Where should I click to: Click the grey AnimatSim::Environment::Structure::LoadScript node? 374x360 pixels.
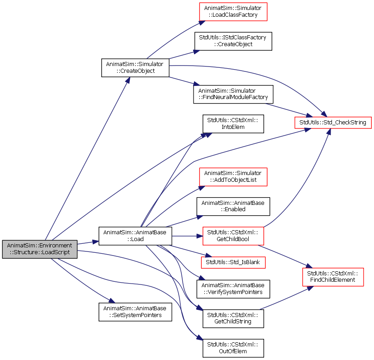click(x=40, y=249)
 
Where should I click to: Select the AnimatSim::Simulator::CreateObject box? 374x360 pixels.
click(x=135, y=68)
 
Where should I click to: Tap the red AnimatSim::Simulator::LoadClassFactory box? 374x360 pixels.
click(x=233, y=12)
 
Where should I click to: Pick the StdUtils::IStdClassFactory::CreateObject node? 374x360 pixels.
click(x=233, y=41)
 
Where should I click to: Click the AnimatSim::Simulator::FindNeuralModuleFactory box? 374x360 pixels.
click(x=233, y=94)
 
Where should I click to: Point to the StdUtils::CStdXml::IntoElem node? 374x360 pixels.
click(x=233, y=124)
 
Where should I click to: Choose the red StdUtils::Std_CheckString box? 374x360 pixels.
click(x=333, y=123)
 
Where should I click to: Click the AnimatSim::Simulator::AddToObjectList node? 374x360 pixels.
click(x=233, y=177)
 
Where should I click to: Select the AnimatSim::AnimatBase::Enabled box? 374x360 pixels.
click(x=233, y=206)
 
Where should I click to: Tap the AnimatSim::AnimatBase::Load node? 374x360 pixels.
click(x=135, y=236)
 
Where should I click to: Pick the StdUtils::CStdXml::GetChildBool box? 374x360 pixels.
click(x=233, y=236)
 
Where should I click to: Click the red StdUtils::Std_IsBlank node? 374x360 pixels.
click(x=233, y=262)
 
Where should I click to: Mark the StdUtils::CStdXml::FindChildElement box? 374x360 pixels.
click(x=333, y=277)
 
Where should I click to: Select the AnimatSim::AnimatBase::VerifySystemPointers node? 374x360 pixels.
click(x=233, y=289)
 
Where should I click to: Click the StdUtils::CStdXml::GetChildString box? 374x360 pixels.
click(x=233, y=318)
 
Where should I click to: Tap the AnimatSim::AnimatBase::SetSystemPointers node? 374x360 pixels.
click(x=135, y=312)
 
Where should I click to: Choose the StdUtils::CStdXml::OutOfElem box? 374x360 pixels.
click(x=233, y=348)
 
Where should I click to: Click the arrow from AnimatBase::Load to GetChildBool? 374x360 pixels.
click(x=187, y=236)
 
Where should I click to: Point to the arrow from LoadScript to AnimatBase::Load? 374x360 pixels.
click(x=88, y=242)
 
